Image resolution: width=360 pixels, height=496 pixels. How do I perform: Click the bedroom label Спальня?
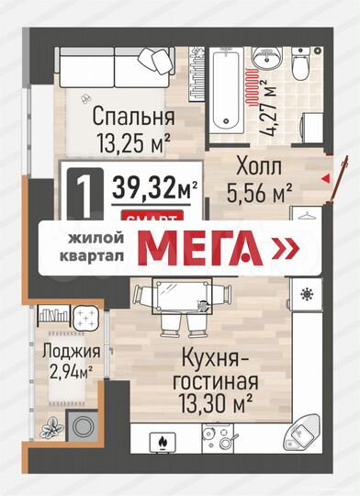134,118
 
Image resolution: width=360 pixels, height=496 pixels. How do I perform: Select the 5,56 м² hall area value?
259,193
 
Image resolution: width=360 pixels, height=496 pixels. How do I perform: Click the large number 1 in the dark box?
84,192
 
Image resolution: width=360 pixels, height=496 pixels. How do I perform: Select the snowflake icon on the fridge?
305,295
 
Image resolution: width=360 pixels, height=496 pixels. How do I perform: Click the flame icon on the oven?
162,444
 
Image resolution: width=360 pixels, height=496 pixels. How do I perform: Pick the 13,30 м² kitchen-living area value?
215,400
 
